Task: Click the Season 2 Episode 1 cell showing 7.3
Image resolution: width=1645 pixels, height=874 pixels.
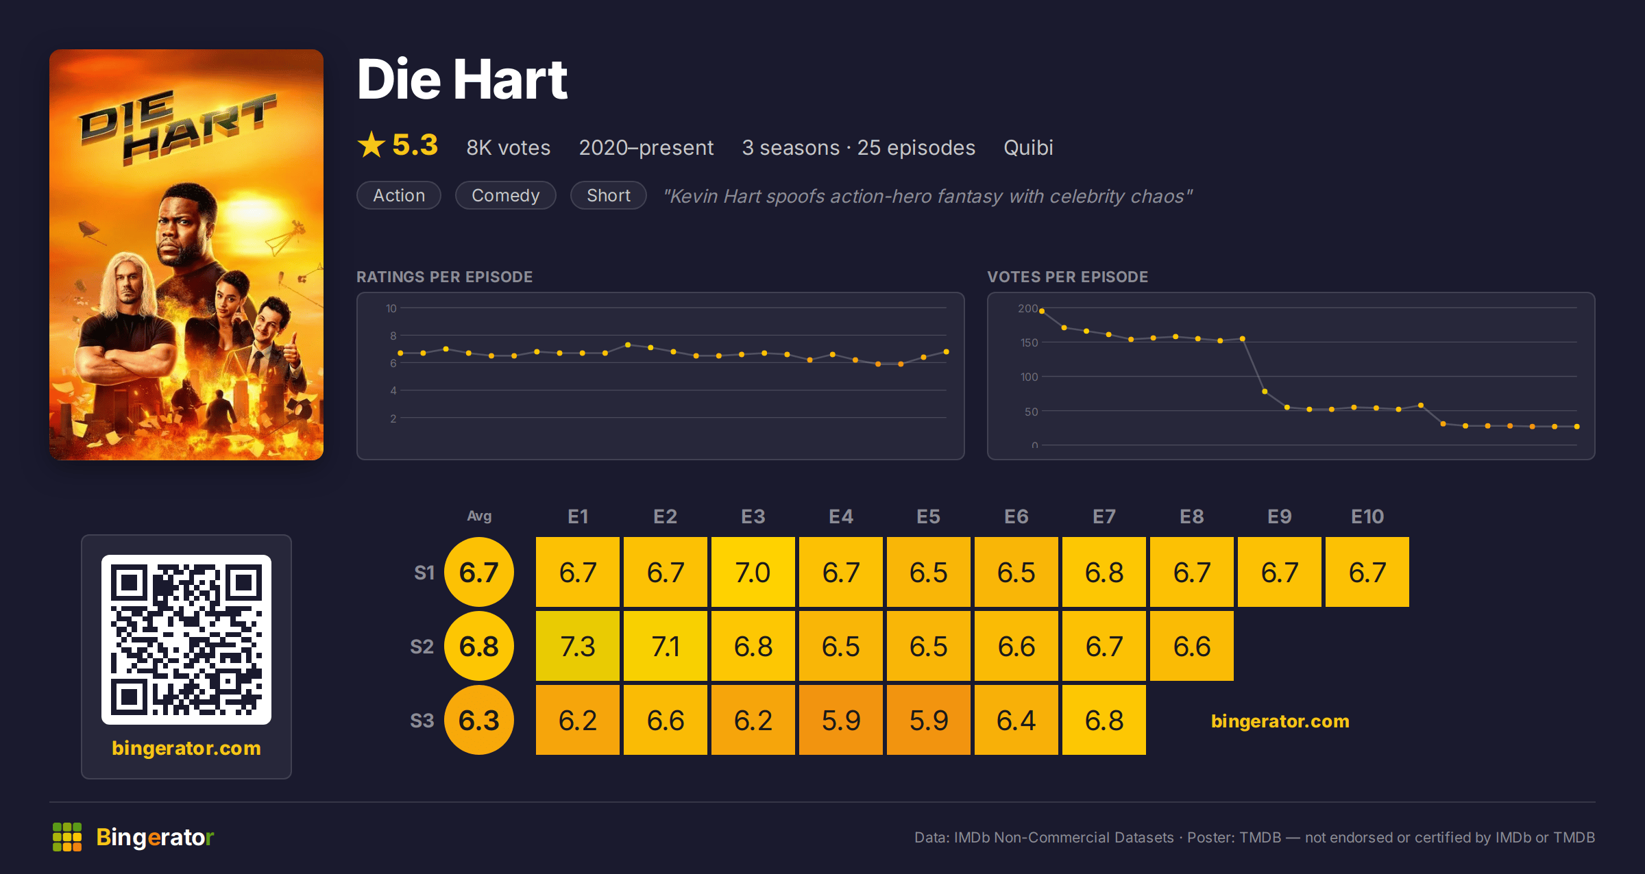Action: [577, 646]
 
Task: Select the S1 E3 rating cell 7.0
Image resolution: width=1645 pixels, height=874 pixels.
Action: [753, 572]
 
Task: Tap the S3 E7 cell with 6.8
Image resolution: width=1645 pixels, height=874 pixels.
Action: [1104, 720]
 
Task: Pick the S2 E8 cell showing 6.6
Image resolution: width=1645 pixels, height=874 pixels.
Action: [1191, 646]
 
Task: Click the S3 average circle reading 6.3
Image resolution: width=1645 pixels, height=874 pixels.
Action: [479, 720]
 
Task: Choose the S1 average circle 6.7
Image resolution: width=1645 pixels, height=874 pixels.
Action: [479, 572]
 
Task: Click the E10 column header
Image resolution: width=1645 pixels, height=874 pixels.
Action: [1367, 516]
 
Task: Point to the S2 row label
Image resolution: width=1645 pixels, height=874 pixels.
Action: [422, 647]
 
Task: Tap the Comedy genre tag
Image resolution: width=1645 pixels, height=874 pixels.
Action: [506, 195]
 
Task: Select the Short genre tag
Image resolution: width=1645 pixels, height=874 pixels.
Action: [609, 195]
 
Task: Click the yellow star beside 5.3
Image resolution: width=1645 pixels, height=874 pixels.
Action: [371, 145]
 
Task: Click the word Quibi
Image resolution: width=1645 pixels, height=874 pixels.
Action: [1028, 148]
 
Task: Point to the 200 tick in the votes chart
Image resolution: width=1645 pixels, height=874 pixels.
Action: [1027, 309]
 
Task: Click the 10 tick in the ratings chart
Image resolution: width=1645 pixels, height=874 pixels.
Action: [391, 309]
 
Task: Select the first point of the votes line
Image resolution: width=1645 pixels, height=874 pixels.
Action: [1042, 311]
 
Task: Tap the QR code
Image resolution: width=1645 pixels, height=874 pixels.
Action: [186, 640]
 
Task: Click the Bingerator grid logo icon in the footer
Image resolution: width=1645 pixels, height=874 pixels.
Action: [67, 837]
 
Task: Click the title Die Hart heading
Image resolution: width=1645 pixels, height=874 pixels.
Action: [463, 79]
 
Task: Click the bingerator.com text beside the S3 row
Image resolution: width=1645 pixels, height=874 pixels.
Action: [1280, 721]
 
